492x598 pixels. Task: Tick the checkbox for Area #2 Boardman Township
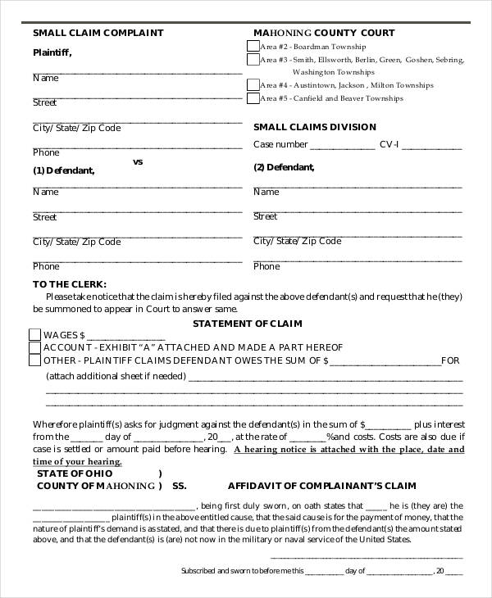253,46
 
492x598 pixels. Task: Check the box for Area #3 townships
253,59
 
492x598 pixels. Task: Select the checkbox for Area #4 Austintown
253,84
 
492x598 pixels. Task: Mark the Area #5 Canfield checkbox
253,98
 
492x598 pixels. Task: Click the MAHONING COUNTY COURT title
324,34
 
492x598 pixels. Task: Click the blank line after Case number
342,146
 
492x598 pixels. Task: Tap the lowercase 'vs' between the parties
138,162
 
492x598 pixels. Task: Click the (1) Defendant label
63,171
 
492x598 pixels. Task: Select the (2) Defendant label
284,168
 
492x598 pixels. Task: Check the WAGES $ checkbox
34,335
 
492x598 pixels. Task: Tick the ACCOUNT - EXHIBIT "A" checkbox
34,347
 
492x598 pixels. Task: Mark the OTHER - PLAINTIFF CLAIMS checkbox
34,360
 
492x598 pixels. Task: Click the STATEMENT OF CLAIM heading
244,322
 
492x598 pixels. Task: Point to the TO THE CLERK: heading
70,283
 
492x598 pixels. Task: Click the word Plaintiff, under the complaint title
52,52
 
